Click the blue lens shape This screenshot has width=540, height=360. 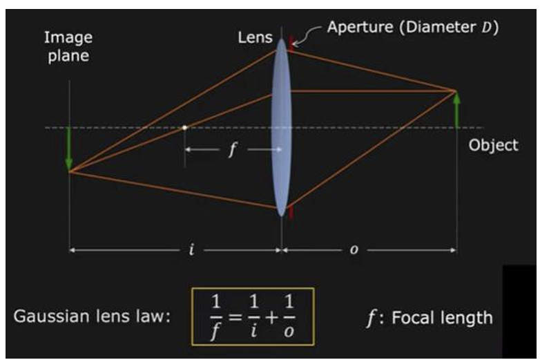click(x=280, y=128)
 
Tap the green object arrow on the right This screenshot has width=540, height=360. click(x=456, y=111)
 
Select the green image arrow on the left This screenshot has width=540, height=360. click(x=69, y=149)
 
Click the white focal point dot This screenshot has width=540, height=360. click(x=185, y=127)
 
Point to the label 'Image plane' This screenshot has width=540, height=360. click(x=68, y=46)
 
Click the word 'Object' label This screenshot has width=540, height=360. click(x=493, y=145)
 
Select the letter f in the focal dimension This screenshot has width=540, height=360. click(x=231, y=150)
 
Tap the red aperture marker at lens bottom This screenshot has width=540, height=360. click(x=291, y=212)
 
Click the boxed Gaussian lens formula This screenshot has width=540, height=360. click(x=252, y=316)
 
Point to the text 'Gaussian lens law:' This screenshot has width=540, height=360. click(x=93, y=317)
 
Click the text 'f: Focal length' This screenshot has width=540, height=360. click(x=429, y=317)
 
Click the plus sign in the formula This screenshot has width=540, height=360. click(x=272, y=317)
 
